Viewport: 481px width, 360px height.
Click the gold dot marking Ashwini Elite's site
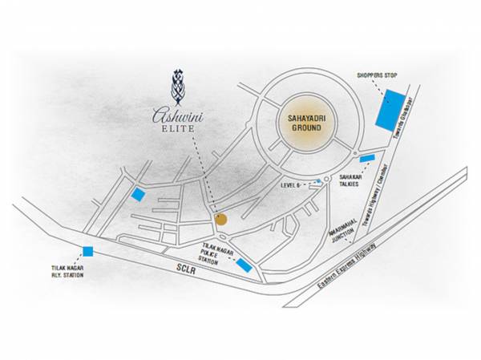[221, 218]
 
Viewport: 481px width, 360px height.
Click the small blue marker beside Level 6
[318, 182]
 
